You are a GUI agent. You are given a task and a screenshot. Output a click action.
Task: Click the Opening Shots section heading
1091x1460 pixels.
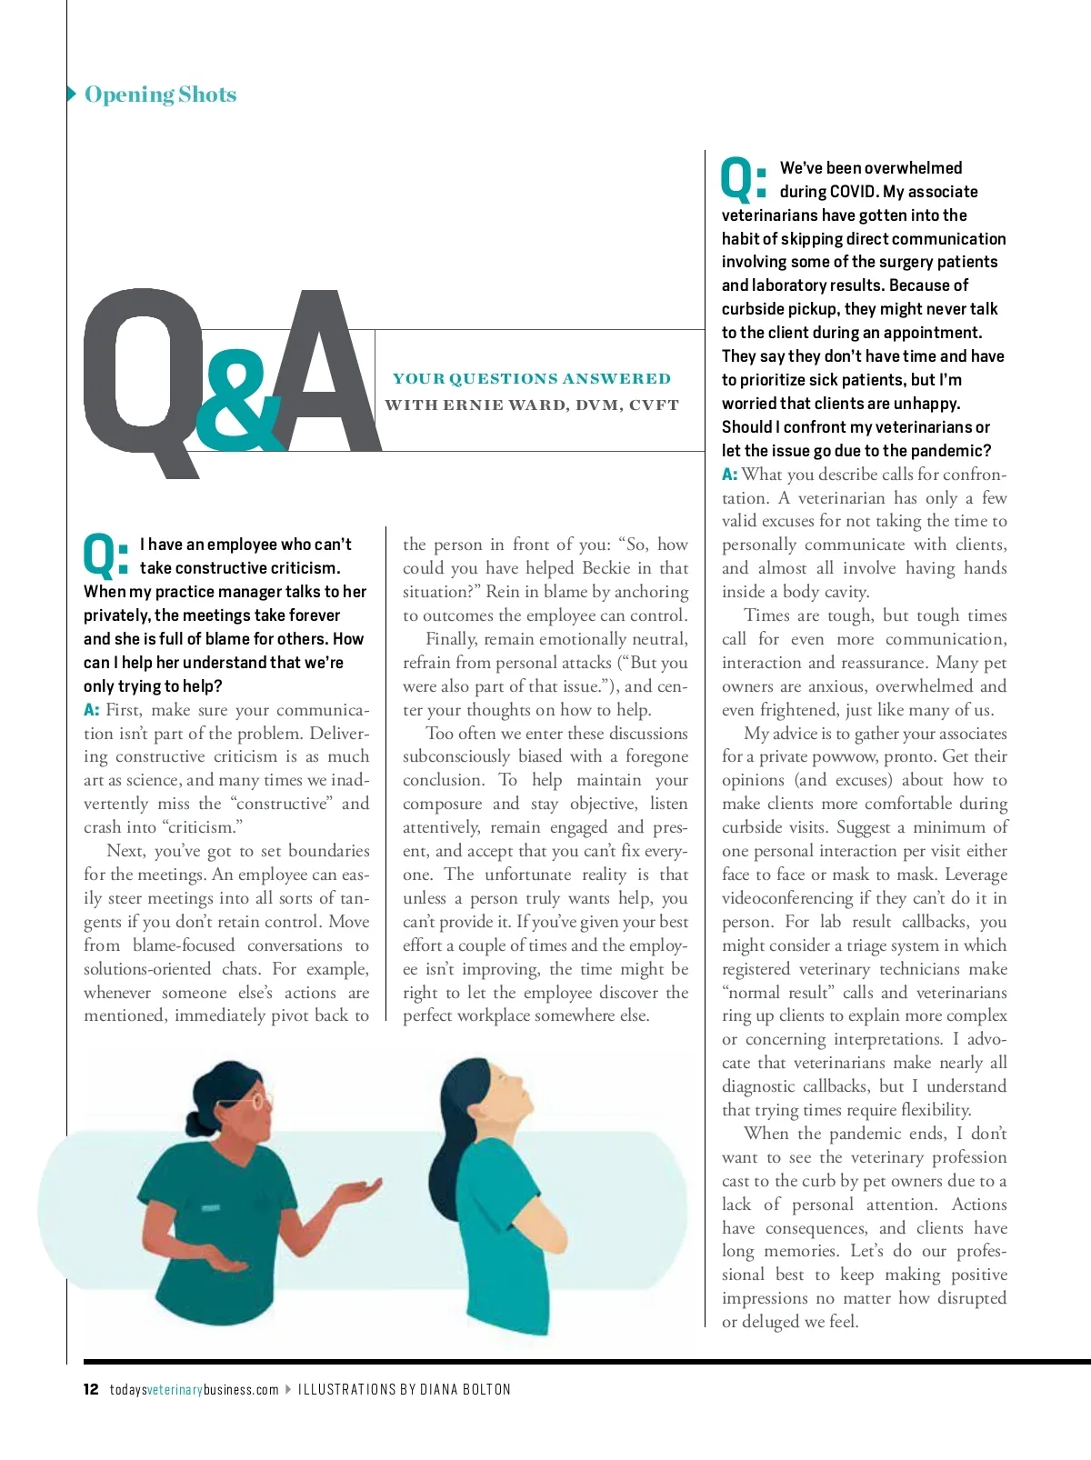(160, 95)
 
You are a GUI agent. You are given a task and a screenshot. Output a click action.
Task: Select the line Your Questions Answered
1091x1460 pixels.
(531, 378)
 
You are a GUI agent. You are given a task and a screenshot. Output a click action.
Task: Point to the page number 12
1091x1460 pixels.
(91, 1389)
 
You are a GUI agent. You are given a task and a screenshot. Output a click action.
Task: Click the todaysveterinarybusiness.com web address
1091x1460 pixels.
(195, 1389)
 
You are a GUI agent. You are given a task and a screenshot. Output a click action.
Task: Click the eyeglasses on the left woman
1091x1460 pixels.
(258, 1099)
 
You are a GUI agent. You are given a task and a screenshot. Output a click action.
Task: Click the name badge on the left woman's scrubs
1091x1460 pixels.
(211, 1208)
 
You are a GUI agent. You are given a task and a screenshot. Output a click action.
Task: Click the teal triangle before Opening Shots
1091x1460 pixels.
(73, 94)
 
